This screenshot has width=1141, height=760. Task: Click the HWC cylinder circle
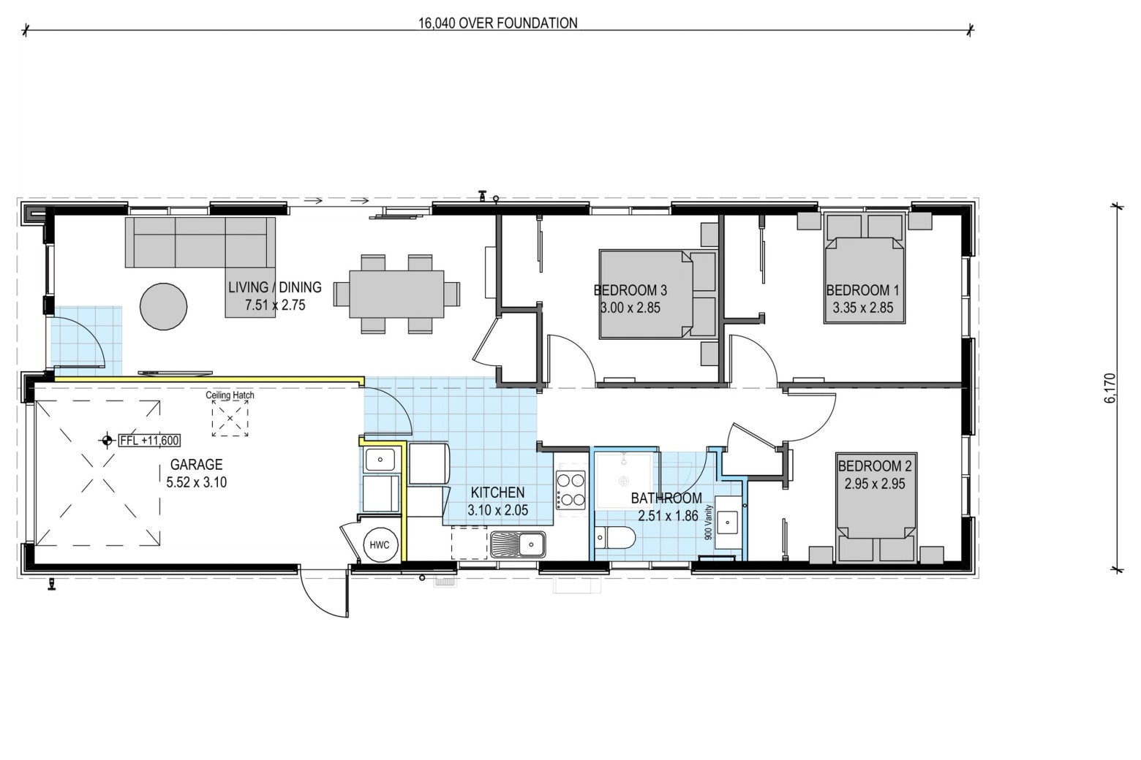click(x=380, y=545)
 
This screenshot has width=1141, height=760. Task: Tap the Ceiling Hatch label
click(x=230, y=395)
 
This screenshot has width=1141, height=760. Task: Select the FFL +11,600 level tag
click(x=149, y=441)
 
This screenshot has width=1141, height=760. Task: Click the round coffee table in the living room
click(x=164, y=306)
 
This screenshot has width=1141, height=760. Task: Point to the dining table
click(x=397, y=294)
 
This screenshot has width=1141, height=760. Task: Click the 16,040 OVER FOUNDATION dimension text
click(x=497, y=23)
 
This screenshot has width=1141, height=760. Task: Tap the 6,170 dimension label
click(x=1110, y=388)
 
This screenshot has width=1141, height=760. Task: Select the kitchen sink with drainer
click(x=518, y=544)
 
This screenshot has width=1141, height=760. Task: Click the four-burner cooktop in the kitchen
click(x=570, y=490)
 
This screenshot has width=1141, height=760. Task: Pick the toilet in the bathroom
click(x=616, y=538)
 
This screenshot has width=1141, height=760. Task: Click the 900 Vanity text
click(x=707, y=522)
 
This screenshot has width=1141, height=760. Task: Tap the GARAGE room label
click(x=196, y=464)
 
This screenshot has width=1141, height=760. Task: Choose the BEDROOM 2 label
click(x=875, y=465)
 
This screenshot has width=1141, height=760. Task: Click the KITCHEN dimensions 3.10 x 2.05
click(x=497, y=510)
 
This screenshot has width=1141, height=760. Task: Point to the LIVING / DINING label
click(x=274, y=287)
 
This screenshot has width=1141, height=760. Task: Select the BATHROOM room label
click(x=666, y=498)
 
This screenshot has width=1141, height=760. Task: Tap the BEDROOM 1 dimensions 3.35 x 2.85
click(x=863, y=308)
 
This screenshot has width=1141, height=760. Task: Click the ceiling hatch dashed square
click(x=230, y=418)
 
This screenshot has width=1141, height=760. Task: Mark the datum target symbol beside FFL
click(x=107, y=441)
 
